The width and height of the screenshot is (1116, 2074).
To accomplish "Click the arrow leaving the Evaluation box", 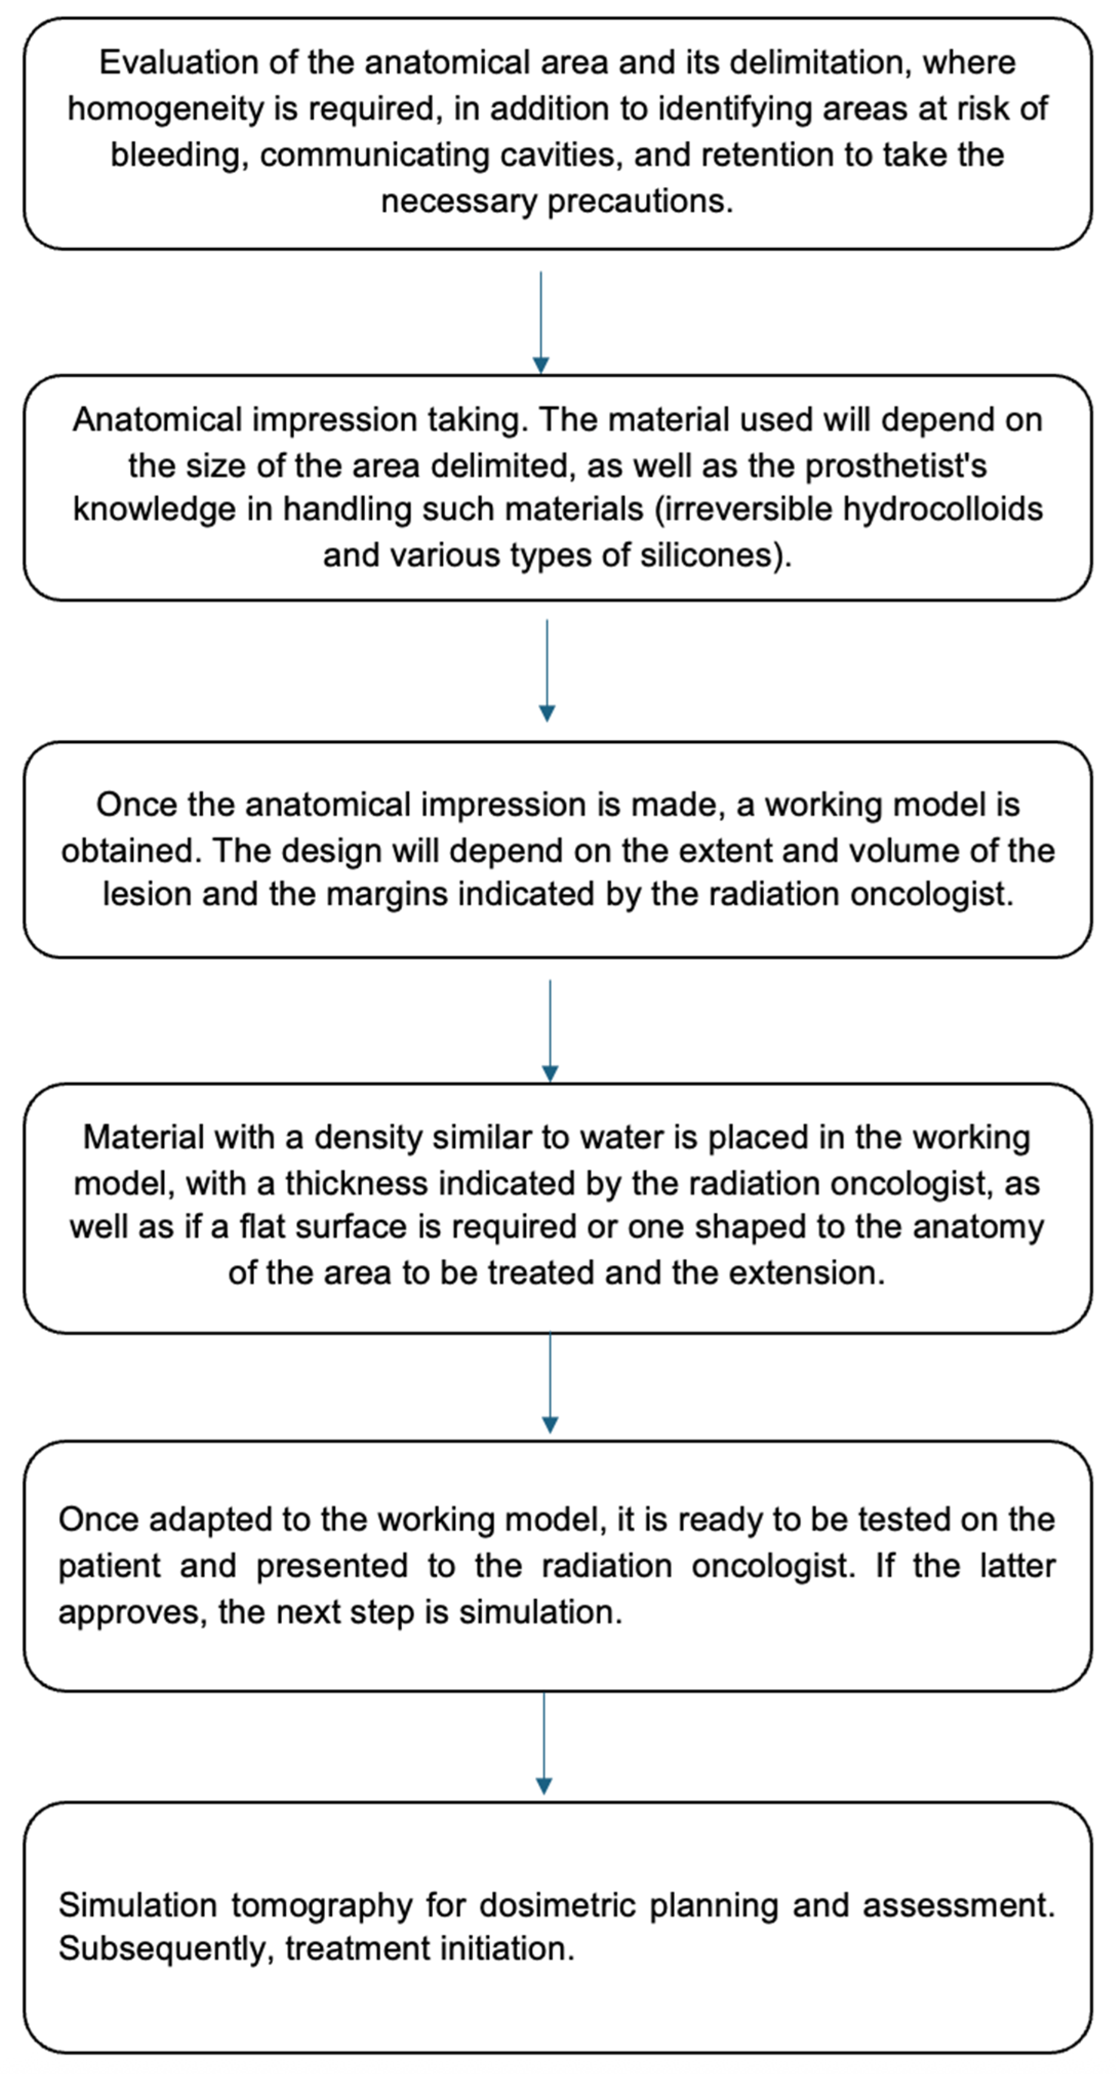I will pyautogui.click(x=541, y=322).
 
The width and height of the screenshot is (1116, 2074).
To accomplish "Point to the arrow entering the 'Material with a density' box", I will pyautogui.click(x=550, y=1030).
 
